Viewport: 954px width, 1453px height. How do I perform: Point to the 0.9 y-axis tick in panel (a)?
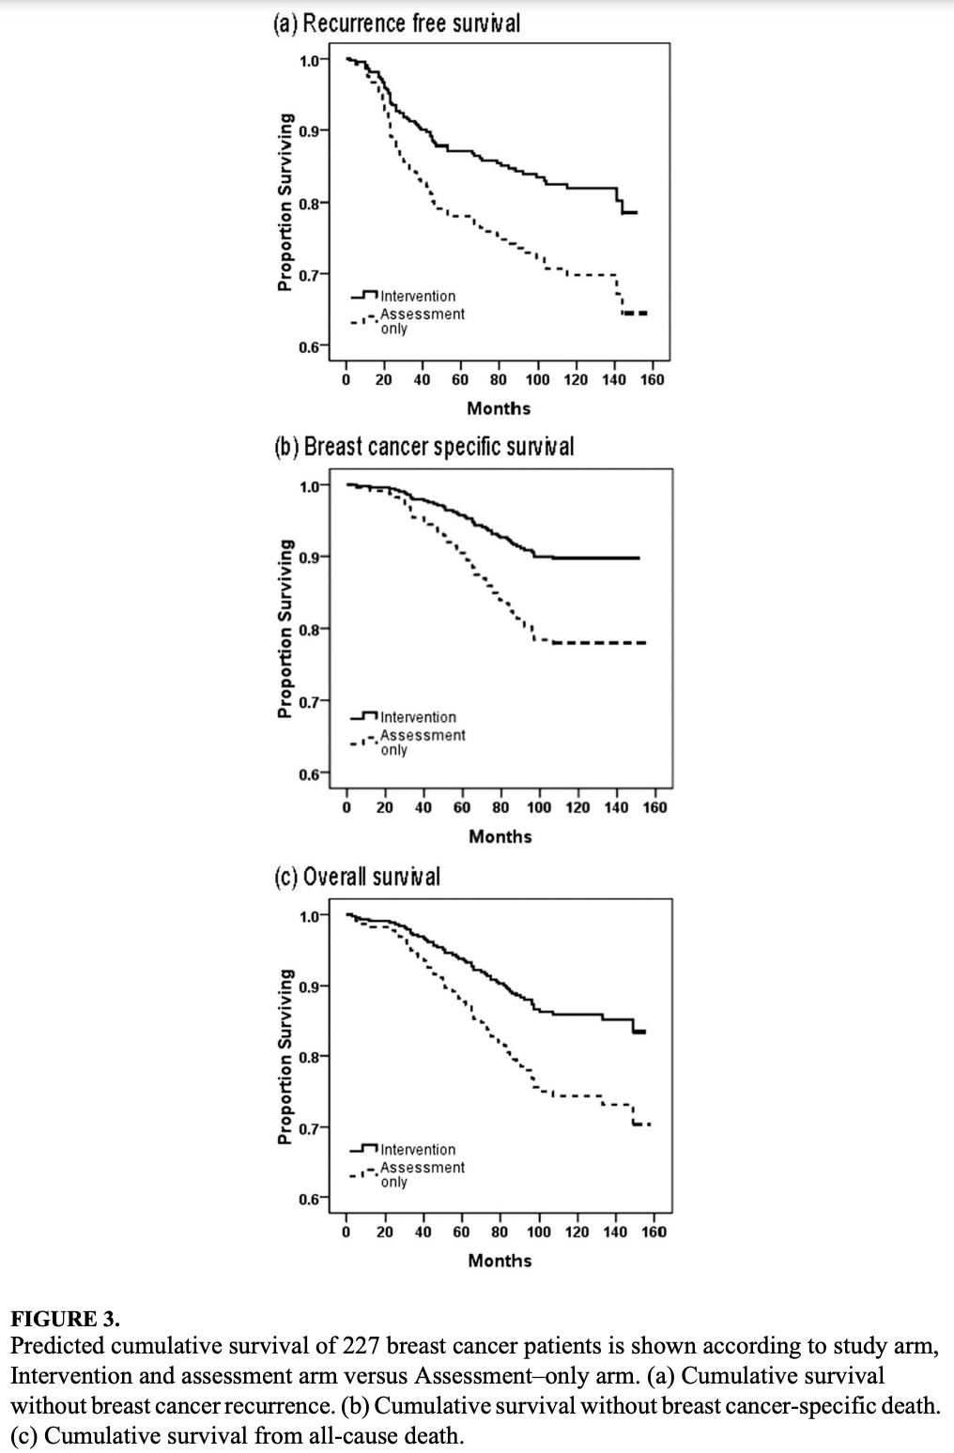[310, 130]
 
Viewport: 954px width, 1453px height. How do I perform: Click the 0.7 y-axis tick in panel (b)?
[310, 700]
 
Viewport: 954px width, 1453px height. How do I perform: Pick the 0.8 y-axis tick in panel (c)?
[310, 1056]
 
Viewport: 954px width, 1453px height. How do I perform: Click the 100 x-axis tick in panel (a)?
[538, 380]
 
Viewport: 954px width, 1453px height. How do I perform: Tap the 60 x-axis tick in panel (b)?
[462, 807]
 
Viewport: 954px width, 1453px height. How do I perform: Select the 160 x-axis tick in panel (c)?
[654, 1231]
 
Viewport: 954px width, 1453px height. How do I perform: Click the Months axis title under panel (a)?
[499, 408]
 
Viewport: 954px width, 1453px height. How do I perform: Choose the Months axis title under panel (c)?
[500, 1261]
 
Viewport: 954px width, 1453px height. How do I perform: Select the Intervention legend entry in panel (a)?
[418, 296]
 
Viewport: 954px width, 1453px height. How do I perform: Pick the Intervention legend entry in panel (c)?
[418, 1150]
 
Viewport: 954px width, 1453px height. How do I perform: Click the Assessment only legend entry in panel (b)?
[422, 742]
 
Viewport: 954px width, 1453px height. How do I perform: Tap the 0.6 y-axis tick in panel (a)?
[310, 346]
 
